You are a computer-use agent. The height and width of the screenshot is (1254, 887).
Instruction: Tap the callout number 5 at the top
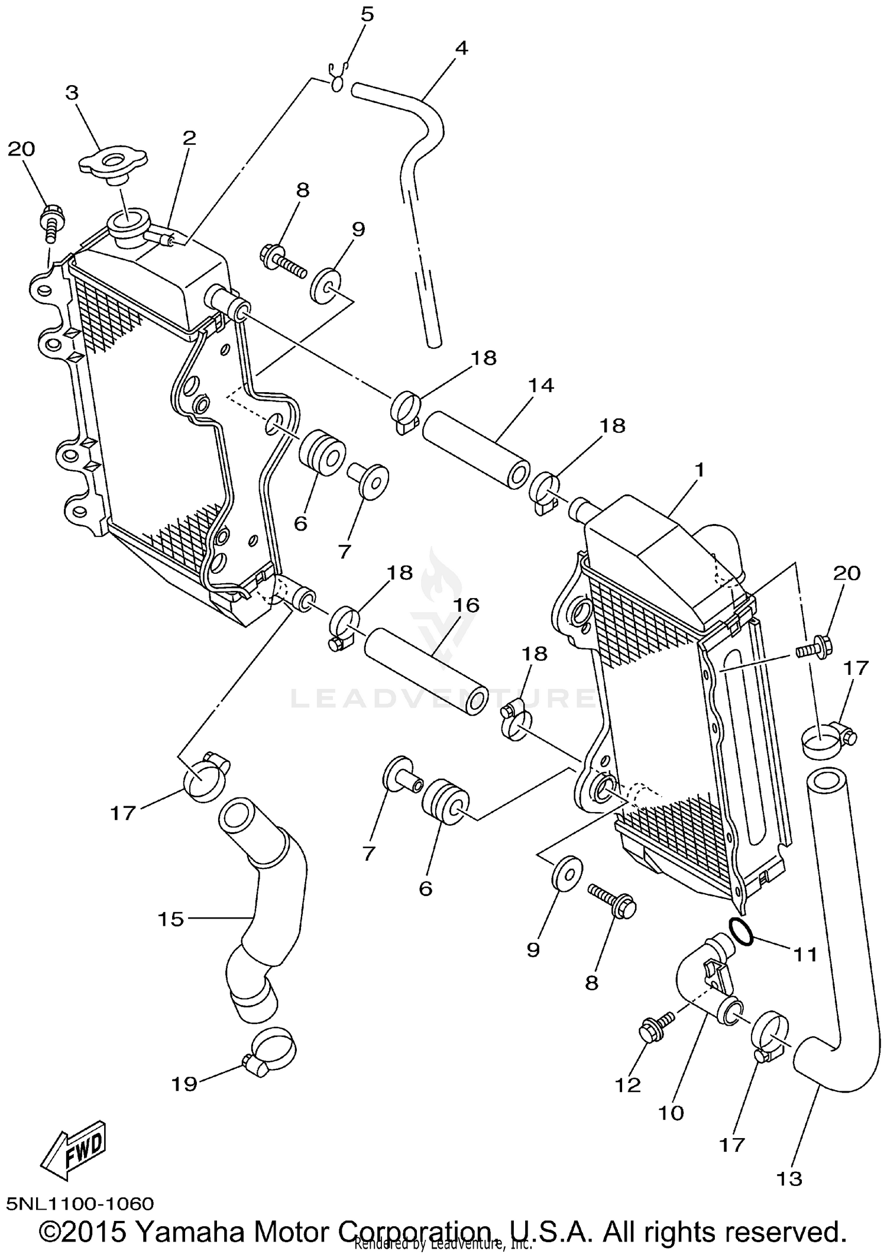coord(367,14)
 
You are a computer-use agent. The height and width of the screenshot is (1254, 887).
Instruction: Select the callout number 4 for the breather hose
coord(461,48)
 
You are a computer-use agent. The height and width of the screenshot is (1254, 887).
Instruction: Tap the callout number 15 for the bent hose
coord(170,919)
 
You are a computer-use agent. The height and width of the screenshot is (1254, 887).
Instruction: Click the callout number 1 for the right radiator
coord(700,471)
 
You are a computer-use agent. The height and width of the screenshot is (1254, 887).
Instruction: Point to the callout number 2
coord(189,138)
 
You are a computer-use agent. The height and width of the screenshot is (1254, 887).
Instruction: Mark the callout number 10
coord(671,1113)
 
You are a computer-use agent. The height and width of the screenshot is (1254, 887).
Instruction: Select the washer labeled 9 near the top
coord(325,284)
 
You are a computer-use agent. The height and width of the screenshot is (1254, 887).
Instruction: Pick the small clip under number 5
coord(338,80)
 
